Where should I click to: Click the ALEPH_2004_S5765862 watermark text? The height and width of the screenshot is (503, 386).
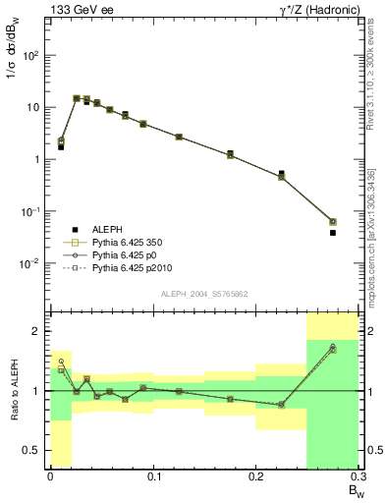[x=203, y=293]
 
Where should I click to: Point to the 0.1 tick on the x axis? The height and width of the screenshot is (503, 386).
[x=153, y=475]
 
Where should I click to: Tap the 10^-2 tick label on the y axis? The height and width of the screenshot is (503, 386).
[x=30, y=263]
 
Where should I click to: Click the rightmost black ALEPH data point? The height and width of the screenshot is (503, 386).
[x=333, y=233]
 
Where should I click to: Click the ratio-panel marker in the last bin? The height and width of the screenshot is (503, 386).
[x=333, y=348]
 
